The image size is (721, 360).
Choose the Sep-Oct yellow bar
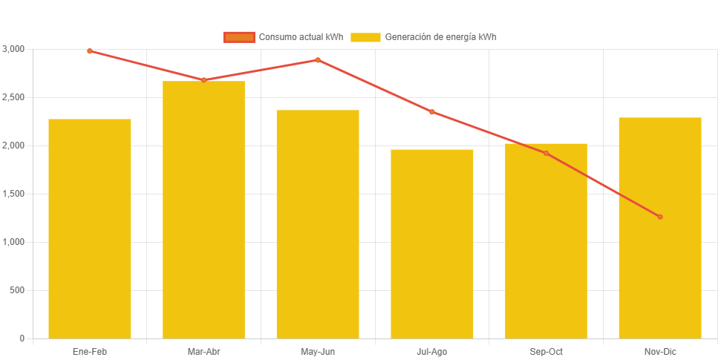coord(546,240)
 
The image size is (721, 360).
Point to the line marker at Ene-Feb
coord(90,51)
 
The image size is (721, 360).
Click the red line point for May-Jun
coord(318,60)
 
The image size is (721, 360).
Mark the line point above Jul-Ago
coord(432,112)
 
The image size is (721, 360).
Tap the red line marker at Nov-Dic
coord(660,217)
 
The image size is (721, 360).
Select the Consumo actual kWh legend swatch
coord(238,37)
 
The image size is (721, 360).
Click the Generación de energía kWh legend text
coord(441,37)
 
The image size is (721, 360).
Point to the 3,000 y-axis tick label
coord(13,49)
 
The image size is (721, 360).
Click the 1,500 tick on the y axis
coord(13,194)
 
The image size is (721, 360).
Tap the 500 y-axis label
coord(17,290)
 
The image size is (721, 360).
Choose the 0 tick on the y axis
coord(22,338)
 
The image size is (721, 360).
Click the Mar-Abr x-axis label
coord(203,352)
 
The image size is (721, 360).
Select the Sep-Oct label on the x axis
coord(546,352)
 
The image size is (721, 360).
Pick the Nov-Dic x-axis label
coord(660,352)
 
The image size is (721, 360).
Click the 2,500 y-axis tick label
coord(13,97)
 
